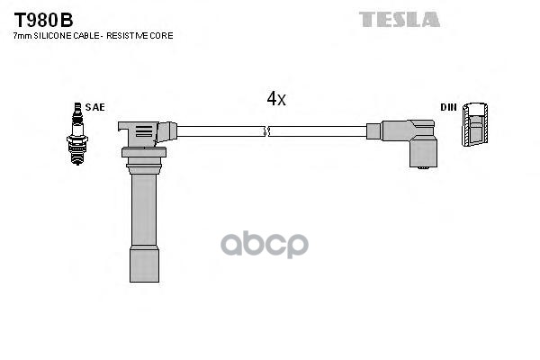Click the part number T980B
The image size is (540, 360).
coord(43,19)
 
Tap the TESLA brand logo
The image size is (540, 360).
coord(400,19)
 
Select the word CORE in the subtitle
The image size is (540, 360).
coord(160,36)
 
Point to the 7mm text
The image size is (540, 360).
coord(21,36)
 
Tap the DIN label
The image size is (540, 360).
coord(448,107)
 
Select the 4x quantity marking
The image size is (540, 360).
coord(275,99)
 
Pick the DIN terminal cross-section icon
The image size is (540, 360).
coord(476,125)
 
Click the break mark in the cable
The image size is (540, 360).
coord(266,131)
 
